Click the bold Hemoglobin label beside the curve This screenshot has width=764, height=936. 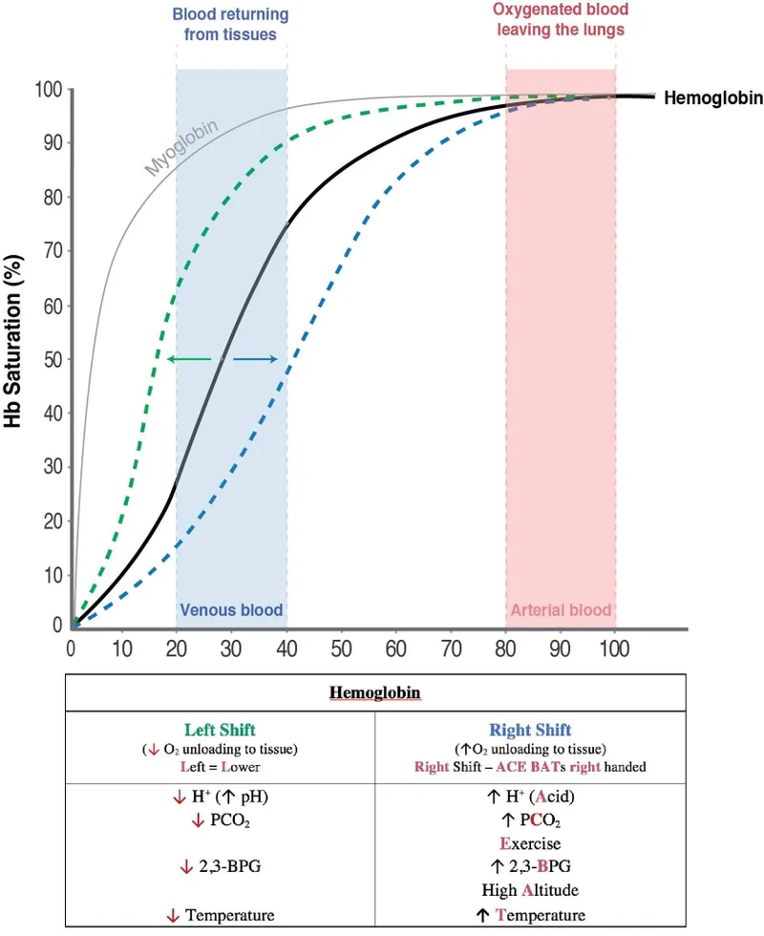pyautogui.click(x=706, y=97)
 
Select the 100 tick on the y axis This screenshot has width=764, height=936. pyautogui.click(x=46, y=90)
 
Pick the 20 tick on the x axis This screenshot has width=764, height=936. pyautogui.click(x=177, y=650)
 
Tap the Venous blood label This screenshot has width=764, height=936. pyautogui.click(x=231, y=610)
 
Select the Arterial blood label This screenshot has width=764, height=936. pyautogui.click(x=561, y=610)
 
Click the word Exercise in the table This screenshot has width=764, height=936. pyautogui.click(x=529, y=844)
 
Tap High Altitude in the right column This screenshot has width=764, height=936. pyautogui.click(x=529, y=890)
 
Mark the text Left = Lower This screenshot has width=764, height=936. pyautogui.click(x=220, y=765)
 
